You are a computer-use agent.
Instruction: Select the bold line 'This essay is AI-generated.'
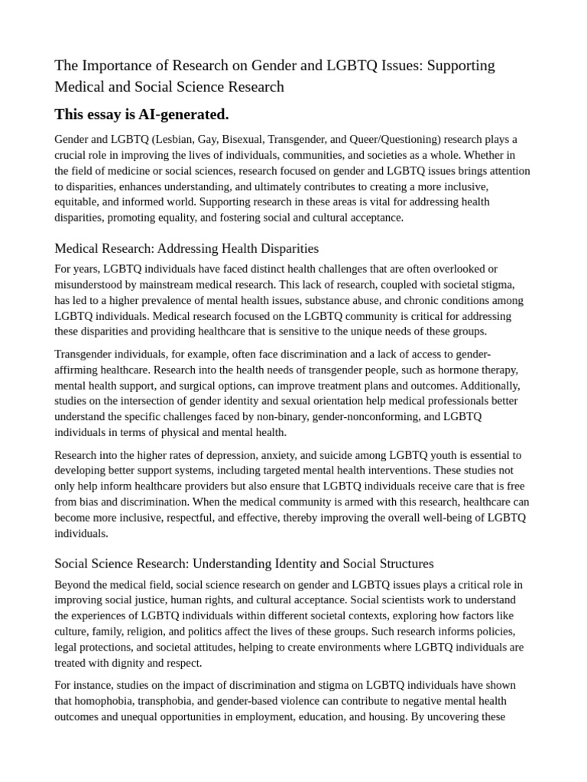pyautogui.click(x=141, y=115)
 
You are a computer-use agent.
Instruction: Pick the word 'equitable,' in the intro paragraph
pyautogui.click(x=79, y=202)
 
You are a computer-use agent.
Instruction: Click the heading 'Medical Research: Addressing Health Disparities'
pyautogui.click(x=186, y=248)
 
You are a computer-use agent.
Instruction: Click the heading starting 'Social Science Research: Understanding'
pyautogui.click(x=244, y=564)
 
